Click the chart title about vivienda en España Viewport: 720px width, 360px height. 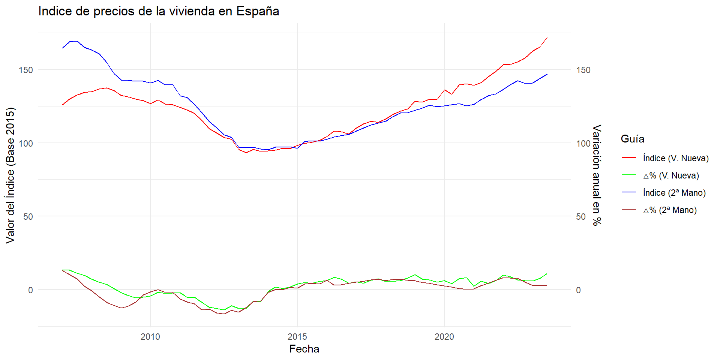point(159,11)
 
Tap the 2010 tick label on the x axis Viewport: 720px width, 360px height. point(150,337)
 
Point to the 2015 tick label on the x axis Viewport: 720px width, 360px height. point(297,337)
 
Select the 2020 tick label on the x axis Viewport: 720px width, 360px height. point(444,337)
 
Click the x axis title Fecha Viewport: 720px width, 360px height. point(304,349)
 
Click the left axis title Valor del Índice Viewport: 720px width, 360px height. point(10,175)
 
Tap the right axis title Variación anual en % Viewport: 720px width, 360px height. point(597,175)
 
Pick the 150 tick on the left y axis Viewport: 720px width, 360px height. point(26,70)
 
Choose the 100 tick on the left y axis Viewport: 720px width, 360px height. point(26,143)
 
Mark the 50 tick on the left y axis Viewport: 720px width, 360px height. point(28,217)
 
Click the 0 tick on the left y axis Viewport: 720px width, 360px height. point(30,290)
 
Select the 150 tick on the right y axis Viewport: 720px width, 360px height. point(583,70)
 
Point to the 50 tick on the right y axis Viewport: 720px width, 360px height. point(581,217)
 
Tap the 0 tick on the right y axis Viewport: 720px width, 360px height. point(578,290)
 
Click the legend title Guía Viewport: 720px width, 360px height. point(632,139)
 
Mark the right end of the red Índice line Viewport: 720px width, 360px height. point(547,38)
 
